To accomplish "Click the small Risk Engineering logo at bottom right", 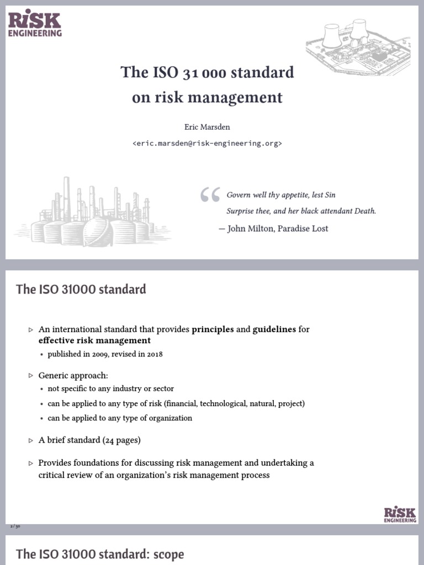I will (x=400, y=514).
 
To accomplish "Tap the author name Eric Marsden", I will (x=207, y=127).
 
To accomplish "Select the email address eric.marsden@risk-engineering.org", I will (x=207, y=143).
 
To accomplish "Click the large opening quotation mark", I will (x=210, y=196).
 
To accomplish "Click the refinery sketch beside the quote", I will (x=94, y=212).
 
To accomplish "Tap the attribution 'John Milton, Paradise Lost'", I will (x=278, y=228).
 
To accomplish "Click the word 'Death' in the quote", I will (x=363, y=211).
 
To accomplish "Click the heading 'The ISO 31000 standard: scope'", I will (x=100, y=554).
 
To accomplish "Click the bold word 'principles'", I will (x=213, y=329).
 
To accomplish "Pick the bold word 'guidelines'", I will (x=274, y=329).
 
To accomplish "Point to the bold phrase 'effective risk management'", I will (x=94, y=340).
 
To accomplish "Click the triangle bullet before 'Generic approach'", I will (x=31, y=375).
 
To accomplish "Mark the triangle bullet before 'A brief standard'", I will (x=31, y=440).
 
